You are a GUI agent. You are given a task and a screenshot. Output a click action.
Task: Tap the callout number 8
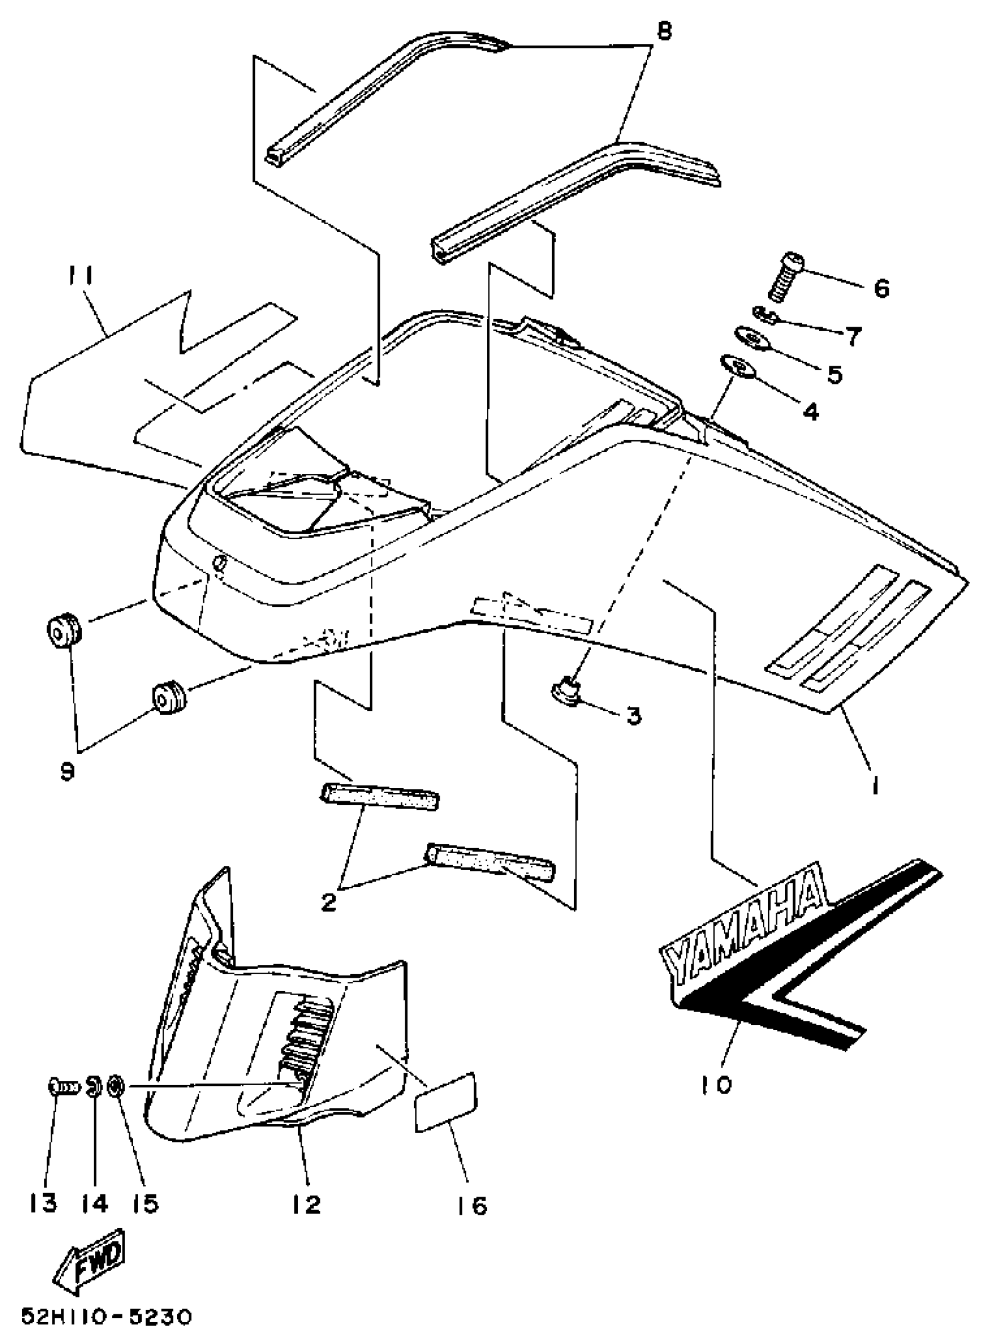pos(664,32)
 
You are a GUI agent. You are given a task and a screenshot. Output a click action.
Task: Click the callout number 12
pos(307,1202)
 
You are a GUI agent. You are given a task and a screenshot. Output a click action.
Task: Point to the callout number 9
pos(67,771)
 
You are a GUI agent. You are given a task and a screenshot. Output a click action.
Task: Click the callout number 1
pos(875,784)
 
